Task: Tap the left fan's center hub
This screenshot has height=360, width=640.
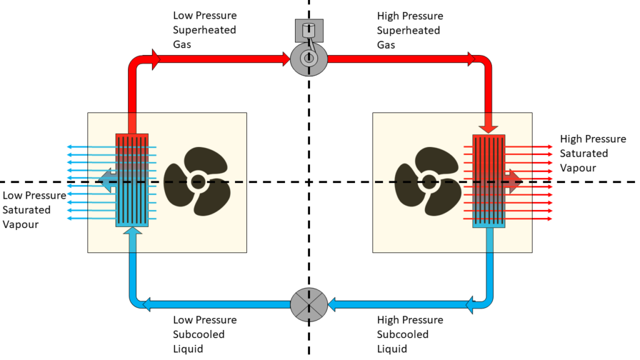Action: (198, 182)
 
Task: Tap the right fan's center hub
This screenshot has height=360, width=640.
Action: (428, 182)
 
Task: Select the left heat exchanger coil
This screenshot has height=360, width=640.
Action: (132, 180)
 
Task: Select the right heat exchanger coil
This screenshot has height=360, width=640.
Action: (489, 180)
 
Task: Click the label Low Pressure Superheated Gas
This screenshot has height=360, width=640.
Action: (205, 30)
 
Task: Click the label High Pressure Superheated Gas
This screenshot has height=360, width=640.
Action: (410, 30)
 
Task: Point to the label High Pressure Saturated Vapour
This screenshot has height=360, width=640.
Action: (592, 153)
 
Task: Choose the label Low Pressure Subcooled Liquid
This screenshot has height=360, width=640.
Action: (205, 334)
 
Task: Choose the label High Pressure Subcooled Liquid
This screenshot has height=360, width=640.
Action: (410, 334)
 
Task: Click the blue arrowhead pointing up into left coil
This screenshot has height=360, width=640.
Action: (132, 232)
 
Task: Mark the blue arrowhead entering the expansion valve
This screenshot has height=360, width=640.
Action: (334, 305)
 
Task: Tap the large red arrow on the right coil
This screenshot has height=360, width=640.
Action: (514, 179)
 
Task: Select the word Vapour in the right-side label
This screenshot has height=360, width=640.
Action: (578, 168)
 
